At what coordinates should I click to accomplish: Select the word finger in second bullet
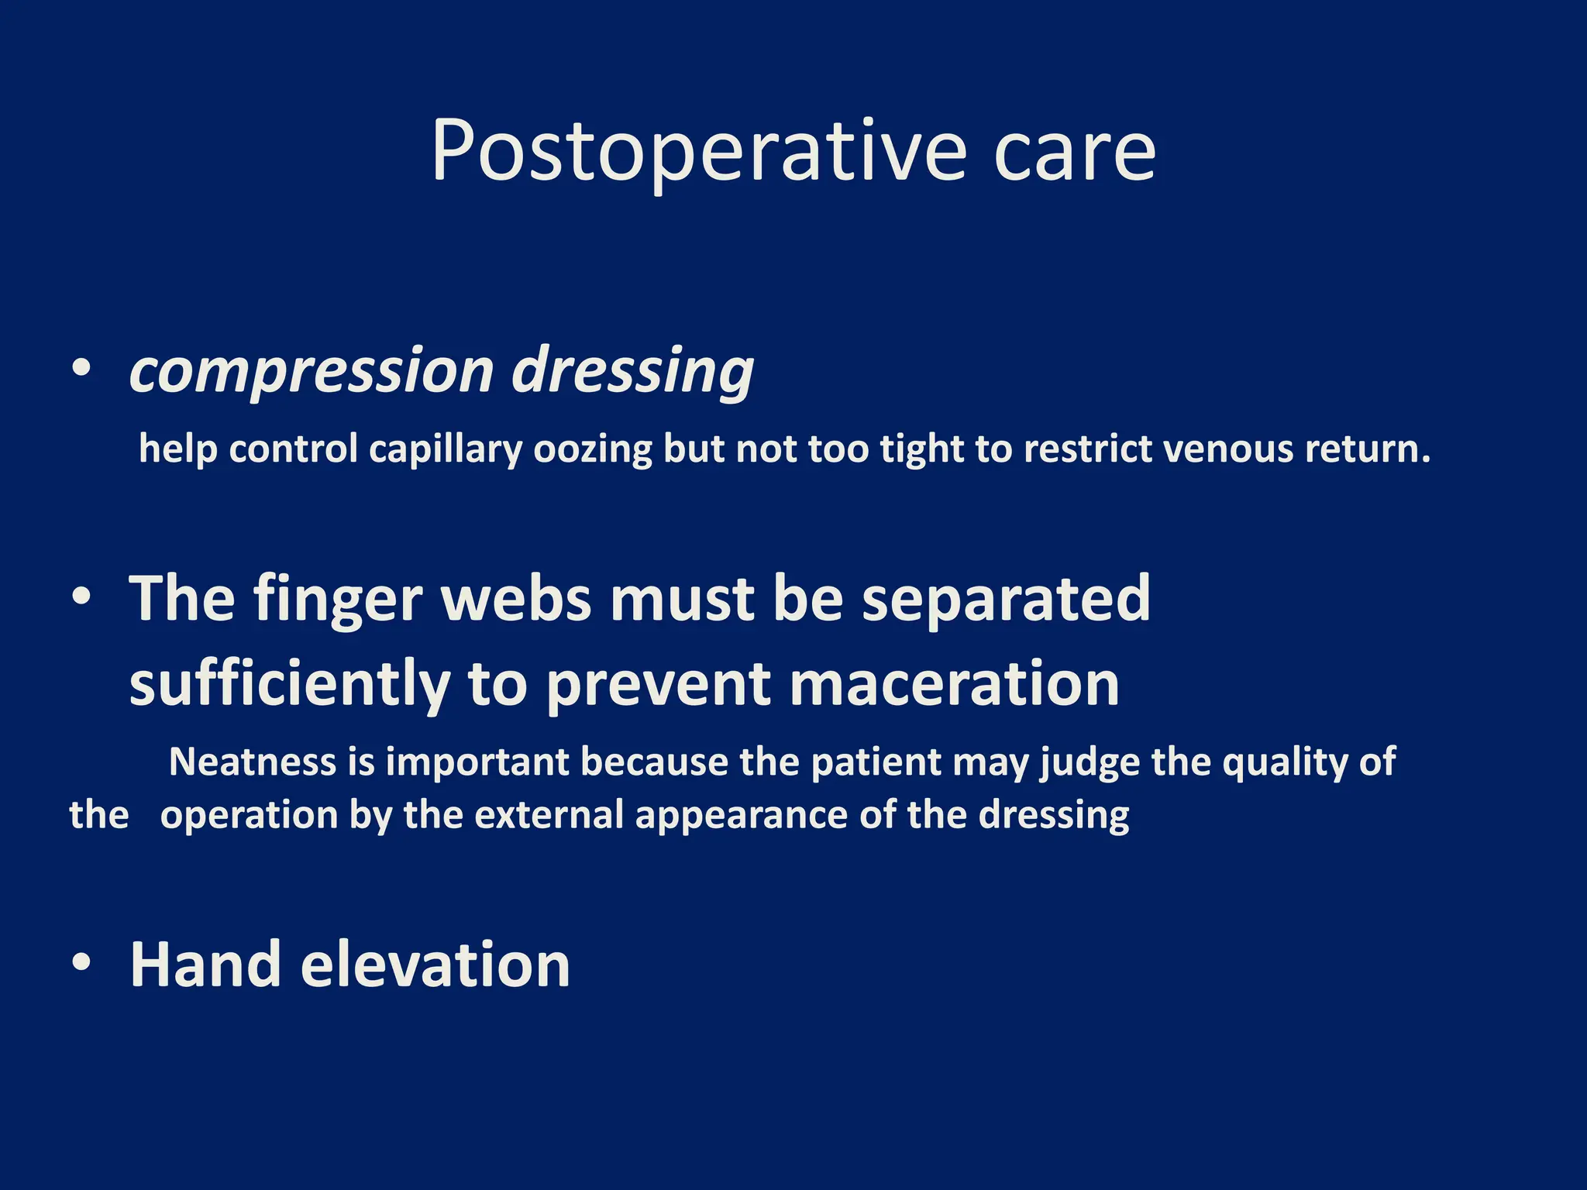click(x=337, y=599)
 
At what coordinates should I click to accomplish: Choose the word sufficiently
click(x=289, y=684)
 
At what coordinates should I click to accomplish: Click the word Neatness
click(x=253, y=762)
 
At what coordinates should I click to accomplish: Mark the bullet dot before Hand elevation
click(x=81, y=963)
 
